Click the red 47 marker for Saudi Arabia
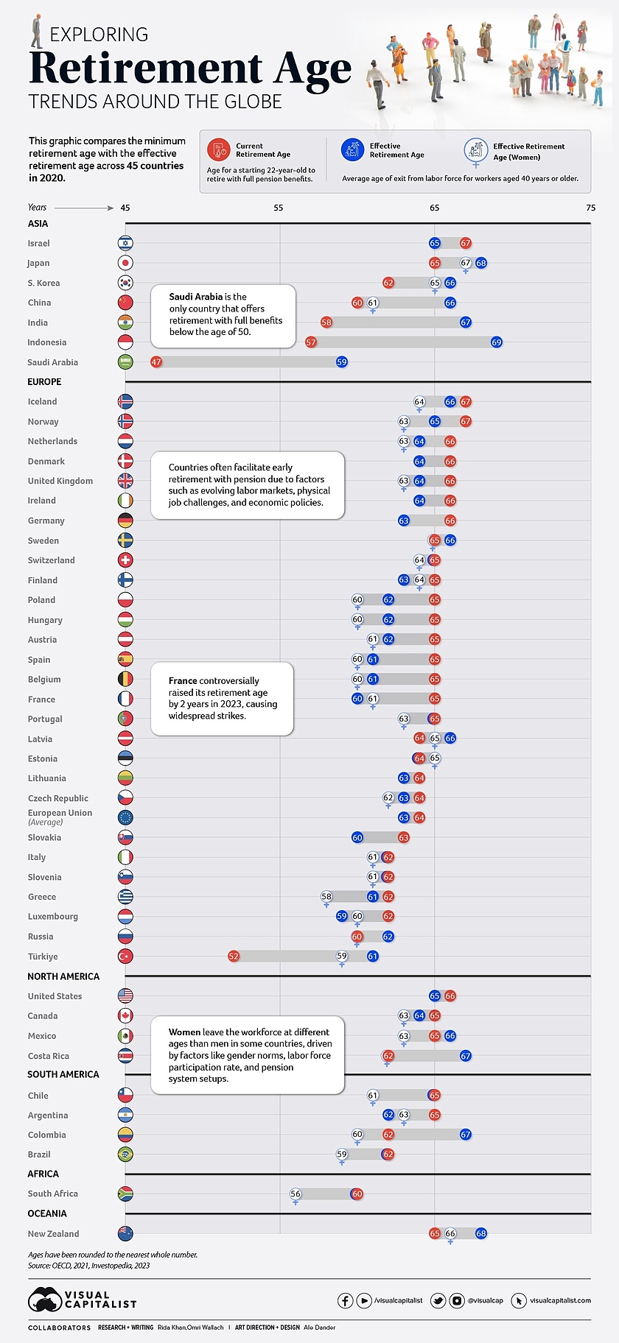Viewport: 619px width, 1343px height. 156,362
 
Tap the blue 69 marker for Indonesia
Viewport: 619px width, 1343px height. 497,342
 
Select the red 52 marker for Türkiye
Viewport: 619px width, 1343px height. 234,956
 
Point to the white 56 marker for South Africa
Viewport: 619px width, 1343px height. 295,1194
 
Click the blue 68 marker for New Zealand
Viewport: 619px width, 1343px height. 481,1233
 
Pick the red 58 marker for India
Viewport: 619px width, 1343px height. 326,322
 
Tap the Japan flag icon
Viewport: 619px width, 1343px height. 125,263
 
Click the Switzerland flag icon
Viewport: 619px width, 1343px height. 125,560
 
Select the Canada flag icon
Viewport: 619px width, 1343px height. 125,1016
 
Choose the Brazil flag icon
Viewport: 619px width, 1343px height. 125,1155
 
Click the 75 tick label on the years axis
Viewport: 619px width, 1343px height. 590,208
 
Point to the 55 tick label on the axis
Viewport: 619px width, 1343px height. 279,208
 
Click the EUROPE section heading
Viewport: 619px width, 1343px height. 44,381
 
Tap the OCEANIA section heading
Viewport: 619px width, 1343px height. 47,1213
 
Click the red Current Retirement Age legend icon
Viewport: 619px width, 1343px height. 219,150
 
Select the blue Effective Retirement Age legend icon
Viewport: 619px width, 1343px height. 352,150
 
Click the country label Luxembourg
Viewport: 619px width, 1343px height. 52,917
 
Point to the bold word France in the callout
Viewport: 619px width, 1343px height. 183,681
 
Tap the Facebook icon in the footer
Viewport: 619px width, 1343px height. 345,1300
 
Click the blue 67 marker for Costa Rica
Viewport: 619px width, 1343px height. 466,1056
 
